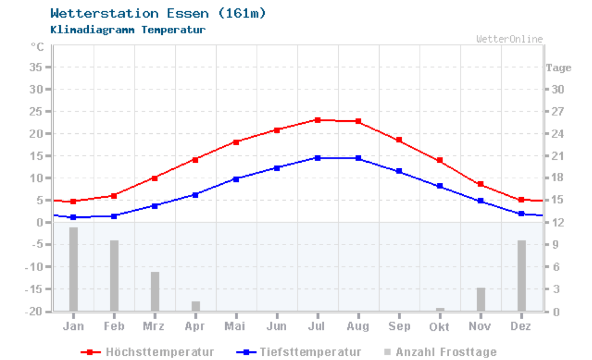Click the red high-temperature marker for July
[318, 120]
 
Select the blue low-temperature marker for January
[73, 217]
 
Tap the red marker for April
[195, 159]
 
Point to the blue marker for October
[440, 187]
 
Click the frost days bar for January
[73, 269]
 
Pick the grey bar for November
[481, 299]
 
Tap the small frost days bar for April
[196, 306]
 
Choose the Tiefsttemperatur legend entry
[299, 352]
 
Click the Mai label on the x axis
[235, 326]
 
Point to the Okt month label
[439, 326]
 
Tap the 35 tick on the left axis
[36, 67]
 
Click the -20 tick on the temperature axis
[33, 311]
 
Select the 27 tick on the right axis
[557, 112]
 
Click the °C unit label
[37, 46]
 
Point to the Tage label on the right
[559, 67]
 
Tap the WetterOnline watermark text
[509, 39]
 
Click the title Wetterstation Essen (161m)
[158, 13]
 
